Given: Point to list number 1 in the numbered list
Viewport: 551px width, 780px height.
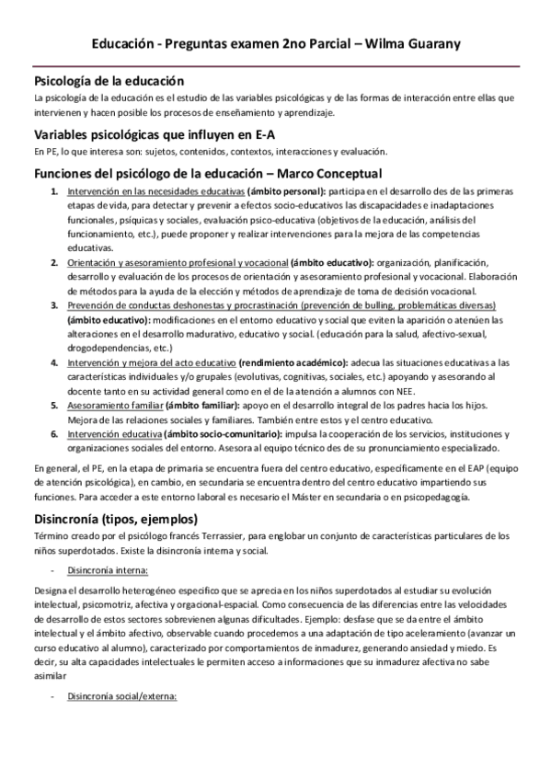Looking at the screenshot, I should pos(53,190).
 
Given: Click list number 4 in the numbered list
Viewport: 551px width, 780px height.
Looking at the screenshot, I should pos(53,363).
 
